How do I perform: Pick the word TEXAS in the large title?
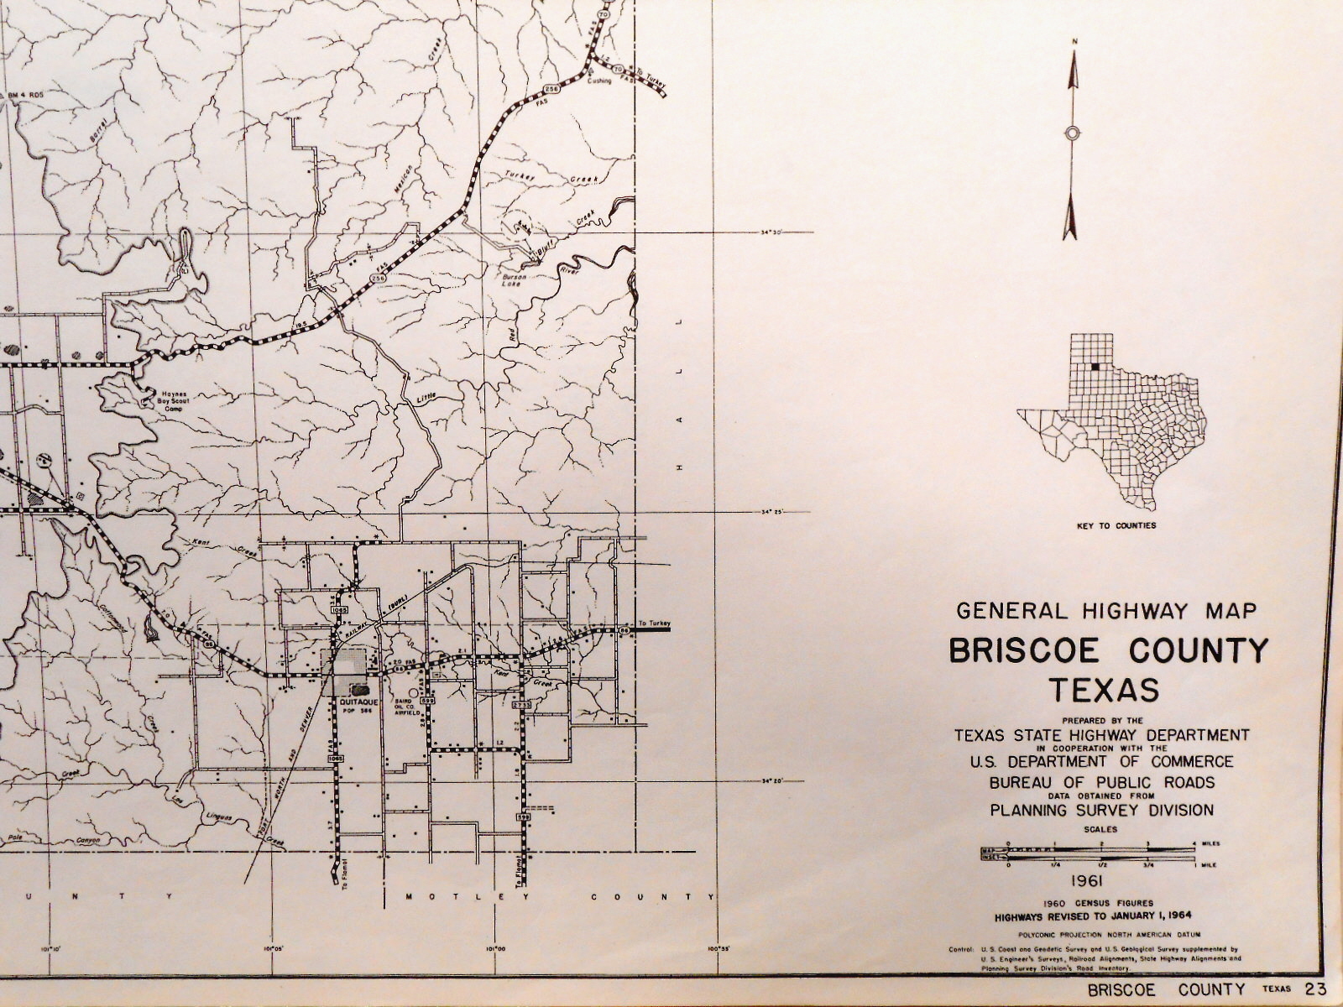coord(1105,690)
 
